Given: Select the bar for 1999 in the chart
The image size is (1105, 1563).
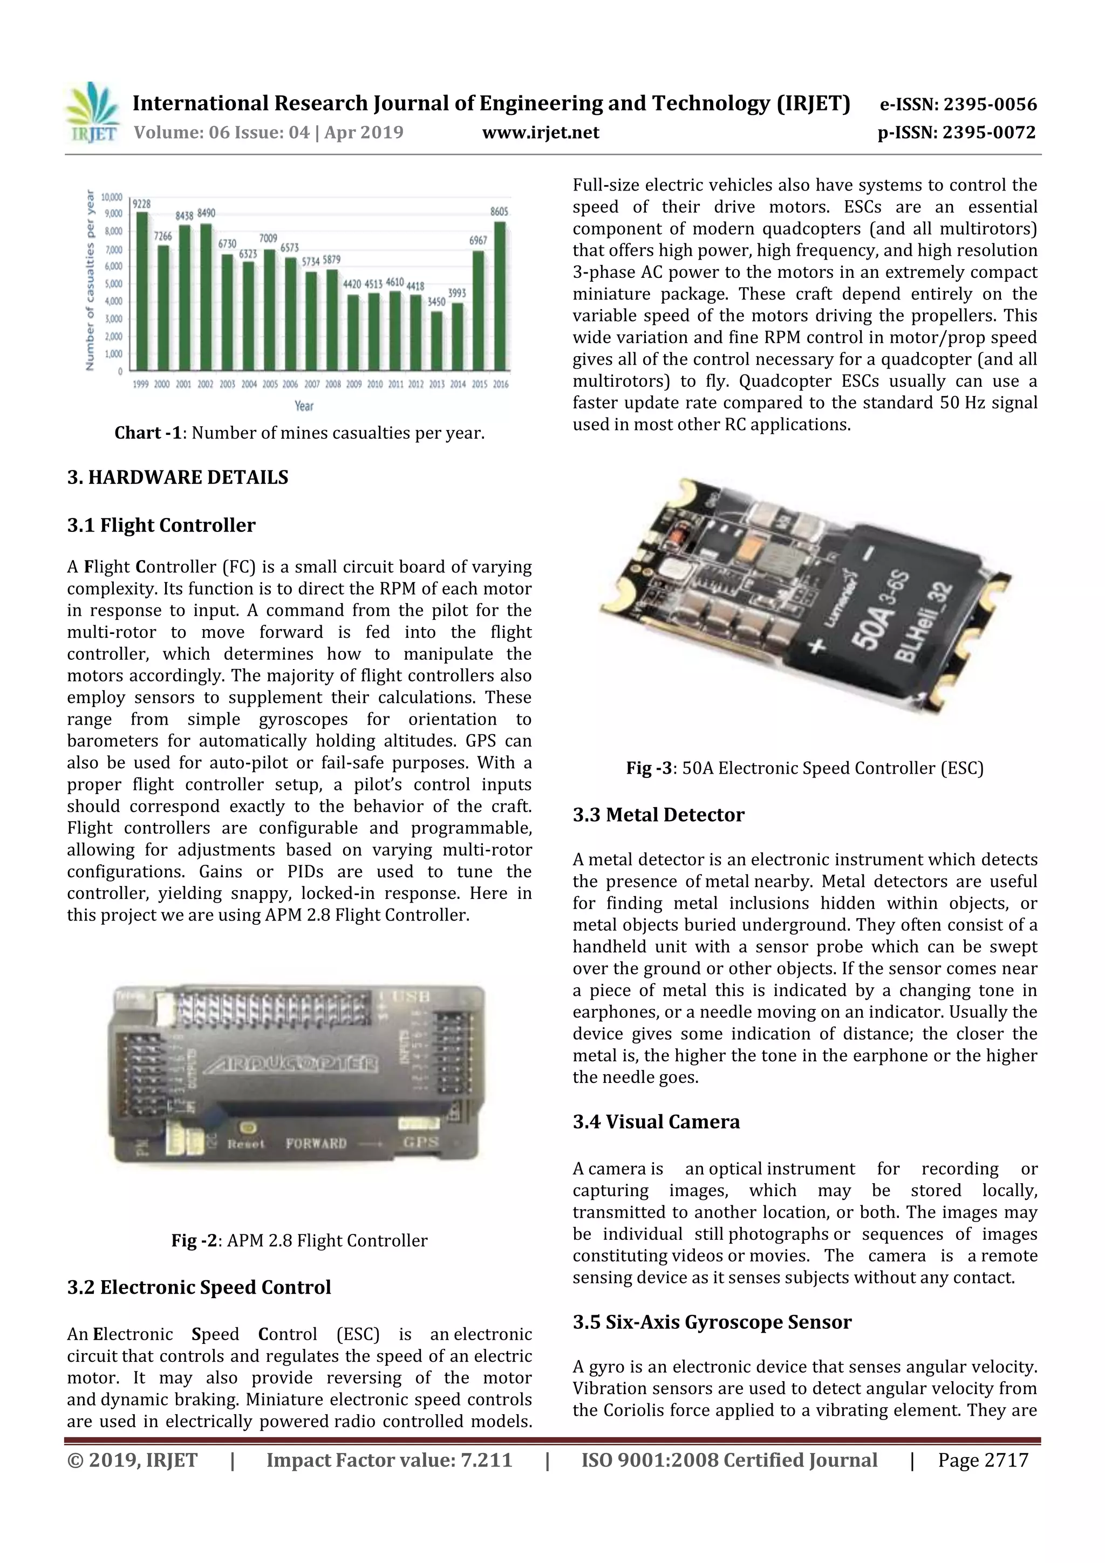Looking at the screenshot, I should tap(141, 291).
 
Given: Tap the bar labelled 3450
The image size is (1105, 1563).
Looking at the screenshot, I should tap(436, 340).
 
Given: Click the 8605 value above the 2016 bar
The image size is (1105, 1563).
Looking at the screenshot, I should tap(499, 211).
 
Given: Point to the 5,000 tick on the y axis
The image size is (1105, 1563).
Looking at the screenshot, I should tap(113, 284).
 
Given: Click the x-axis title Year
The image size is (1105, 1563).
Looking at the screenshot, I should tap(304, 406).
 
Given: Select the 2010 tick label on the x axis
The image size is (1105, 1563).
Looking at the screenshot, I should tap(374, 385).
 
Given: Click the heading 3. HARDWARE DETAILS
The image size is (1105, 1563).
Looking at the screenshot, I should tap(178, 477).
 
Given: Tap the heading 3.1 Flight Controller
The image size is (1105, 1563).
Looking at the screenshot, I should tap(161, 525).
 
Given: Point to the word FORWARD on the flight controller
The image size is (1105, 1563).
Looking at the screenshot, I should tap(316, 1144).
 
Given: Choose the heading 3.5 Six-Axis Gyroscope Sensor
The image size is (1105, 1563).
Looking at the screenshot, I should tap(712, 1322).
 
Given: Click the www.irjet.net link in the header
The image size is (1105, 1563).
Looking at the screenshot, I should tap(541, 132).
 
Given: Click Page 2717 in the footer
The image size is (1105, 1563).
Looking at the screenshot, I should tap(983, 1460).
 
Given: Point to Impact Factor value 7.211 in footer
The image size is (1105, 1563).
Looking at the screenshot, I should tap(389, 1460).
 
